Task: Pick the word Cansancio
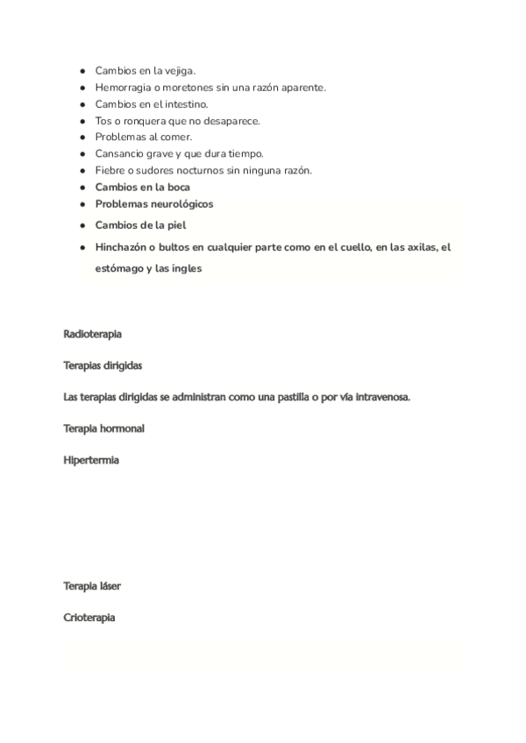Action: click(123, 154)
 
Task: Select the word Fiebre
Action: click(110, 171)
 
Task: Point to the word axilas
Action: click(419, 248)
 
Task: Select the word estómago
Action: click(123, 269)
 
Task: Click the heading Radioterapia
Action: click(92, 335)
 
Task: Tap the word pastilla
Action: click(315, 397)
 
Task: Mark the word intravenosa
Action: click(381, 397)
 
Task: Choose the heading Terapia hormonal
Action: click(104, 429)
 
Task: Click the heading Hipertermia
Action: click(91, 460)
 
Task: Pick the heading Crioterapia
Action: click(89, 618)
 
